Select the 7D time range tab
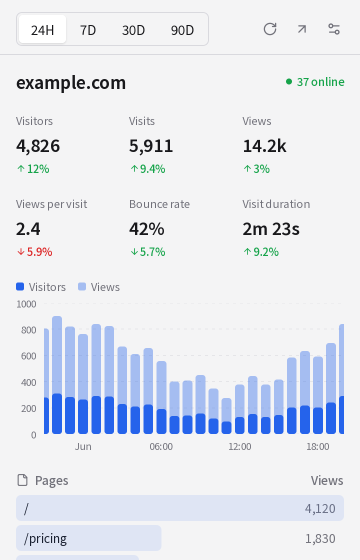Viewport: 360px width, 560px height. [x=88, y=30]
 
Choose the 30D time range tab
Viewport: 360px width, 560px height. [x=133, y=30]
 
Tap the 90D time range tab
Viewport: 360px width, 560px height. [x=182, y=30]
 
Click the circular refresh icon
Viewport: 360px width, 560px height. [x=270, y=29]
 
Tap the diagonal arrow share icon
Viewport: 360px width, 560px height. [x=302, y=29]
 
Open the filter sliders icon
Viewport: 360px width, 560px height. [x=334, y=29]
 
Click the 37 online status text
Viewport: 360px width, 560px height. [x=320, y=82]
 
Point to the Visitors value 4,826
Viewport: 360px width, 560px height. [x=38, y=145]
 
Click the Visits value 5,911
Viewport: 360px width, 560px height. [x=151, y=145]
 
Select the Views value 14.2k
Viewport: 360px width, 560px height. [x=264, y=145]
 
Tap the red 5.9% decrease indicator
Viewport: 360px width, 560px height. [x=34, y=252]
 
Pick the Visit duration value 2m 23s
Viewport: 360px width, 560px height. [x=271, y=229]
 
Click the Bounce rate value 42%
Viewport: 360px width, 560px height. [x=147, y=229]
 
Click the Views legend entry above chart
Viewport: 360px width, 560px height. [x=99, y=287]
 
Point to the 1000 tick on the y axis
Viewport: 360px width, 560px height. [x=26, y=304]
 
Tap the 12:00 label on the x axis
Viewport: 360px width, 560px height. [x=239, y=446]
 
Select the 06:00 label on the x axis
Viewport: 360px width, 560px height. [x=161, y=446]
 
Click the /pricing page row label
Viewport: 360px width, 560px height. [x=45, y=538]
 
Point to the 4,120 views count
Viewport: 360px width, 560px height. [x=320, y=508]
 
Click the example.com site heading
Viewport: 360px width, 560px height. [x=71, y=83]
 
